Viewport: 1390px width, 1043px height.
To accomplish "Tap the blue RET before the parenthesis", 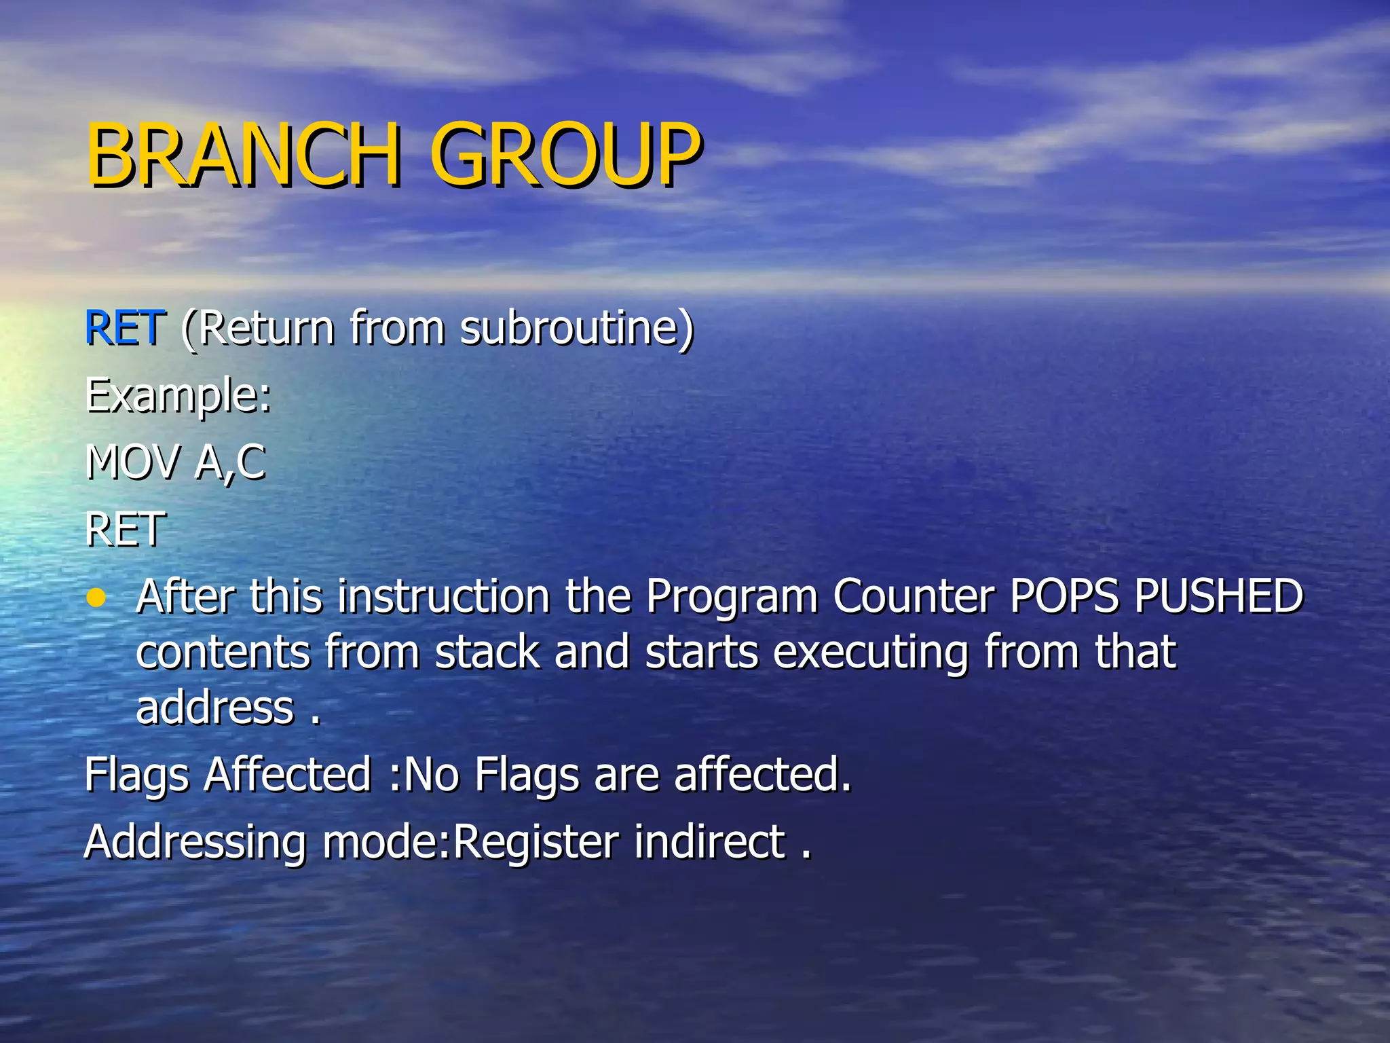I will (125, 328).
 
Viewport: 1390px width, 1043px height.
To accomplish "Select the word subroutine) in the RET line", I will (577, 328).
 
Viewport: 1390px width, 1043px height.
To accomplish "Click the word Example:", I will (178, 397).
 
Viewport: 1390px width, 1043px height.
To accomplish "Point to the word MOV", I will (133, 463).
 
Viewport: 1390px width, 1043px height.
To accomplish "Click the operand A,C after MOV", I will (230, 463).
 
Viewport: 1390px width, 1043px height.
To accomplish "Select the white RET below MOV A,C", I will (125, 530).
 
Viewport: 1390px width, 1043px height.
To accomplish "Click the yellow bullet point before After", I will (97, 598).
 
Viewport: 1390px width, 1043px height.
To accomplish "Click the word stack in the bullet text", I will (487, 653).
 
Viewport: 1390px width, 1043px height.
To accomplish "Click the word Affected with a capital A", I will (288, 775).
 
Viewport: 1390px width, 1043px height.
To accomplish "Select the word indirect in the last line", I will (710, 841).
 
